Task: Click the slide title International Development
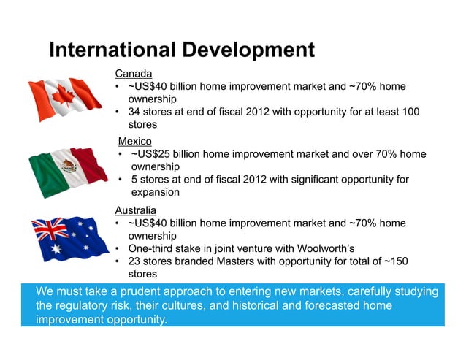click(x=181, y=50)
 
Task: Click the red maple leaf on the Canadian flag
click(x=63, y=96)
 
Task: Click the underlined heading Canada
click(x=134, y=74)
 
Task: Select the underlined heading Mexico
click(x=135, y=141)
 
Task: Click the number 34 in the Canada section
click(x=134, y=112)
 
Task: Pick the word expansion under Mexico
click(x=155, y=193)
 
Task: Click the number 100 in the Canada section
click(x=410, y=112)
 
